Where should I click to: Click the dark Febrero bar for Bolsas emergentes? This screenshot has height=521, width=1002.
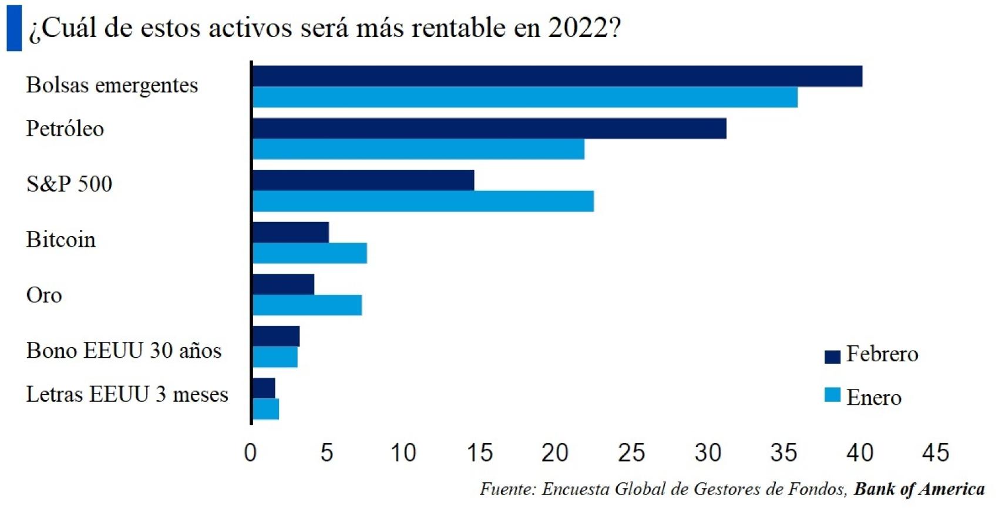[557, 76]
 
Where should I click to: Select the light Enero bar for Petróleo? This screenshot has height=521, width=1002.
[418, 149]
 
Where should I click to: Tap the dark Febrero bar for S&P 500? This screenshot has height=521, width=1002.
[363, 180]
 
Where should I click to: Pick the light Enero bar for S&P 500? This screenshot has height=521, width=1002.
[423, 201]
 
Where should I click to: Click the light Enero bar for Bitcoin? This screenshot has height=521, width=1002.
[310, 253]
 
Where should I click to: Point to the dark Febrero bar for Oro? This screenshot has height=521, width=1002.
[283, 284]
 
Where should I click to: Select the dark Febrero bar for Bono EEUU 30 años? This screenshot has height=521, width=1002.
[276, 336]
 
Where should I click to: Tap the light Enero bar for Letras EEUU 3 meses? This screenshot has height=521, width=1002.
[265, 409]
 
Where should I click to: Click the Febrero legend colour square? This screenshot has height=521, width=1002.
[832, 356]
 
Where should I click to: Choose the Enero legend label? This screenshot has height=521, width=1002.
[873, 398]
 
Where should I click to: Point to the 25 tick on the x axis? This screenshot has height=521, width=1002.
[631, 453]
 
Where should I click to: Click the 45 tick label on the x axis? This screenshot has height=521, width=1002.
[935, 453]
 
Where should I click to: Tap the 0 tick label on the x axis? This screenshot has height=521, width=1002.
[251, 453]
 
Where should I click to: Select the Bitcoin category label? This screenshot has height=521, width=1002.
[60, 240]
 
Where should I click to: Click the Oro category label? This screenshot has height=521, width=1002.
[44, 295]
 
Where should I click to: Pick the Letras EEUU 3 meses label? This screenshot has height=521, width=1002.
[127, 394]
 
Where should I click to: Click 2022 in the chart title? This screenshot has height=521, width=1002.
[579, 28]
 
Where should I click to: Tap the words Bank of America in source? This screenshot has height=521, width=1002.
[919, 489]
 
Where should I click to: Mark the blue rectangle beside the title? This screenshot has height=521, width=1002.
[14, 28]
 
